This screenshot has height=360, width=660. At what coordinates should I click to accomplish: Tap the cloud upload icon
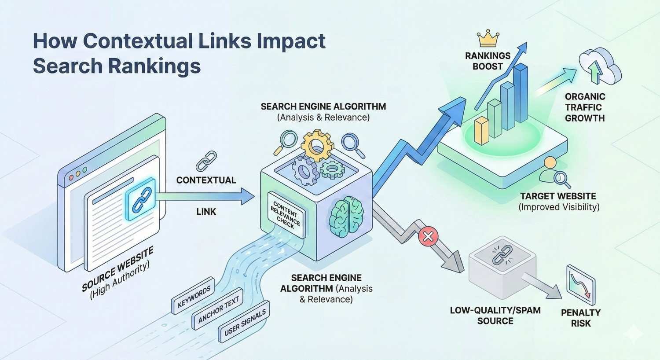pyautogui.click(x=599, y=67)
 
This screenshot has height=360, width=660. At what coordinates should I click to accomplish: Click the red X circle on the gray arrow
pyautogui.click(x=428, y=238)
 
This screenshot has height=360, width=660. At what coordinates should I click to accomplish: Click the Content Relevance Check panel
pyautogui.click(x=286, y=215)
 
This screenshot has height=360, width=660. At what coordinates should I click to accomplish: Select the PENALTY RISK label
pyautogui.click(x=581, y=318)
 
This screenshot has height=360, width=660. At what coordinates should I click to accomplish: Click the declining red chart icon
pyautogui.click(x=581, y=285)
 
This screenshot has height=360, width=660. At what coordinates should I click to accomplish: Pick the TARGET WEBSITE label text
pyautogui.click(x=558, y=196)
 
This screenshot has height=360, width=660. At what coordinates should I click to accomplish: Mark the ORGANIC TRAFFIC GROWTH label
pyautogui.click(x=585, y=107)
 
